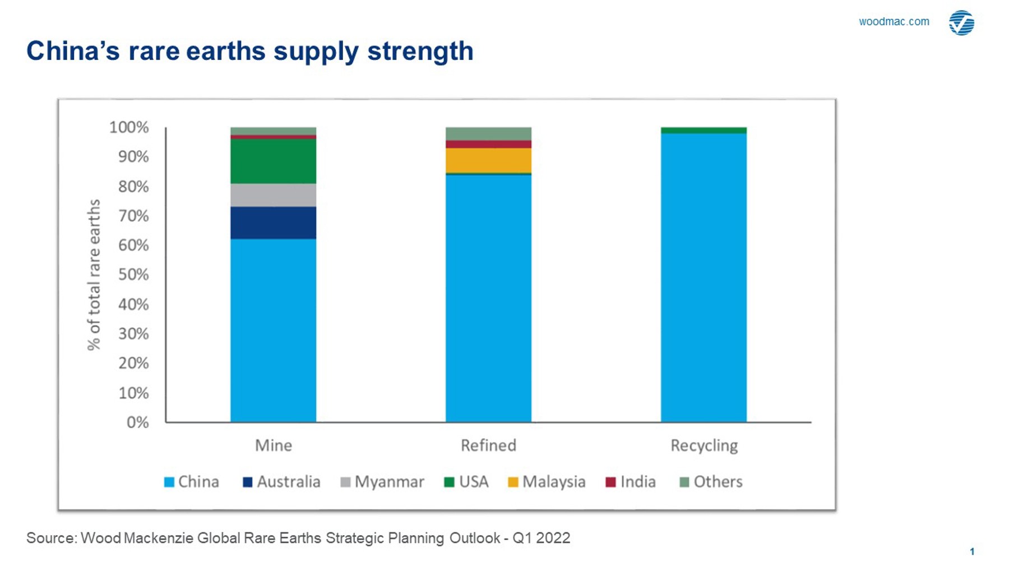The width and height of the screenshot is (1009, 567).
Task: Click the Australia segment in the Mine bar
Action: coord(273,222)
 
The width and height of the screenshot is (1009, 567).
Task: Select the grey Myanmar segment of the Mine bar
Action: coord(273,195)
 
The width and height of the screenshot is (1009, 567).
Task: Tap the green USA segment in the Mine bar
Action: coord(273,161)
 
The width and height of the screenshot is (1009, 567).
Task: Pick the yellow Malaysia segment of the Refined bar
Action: coord(488,160)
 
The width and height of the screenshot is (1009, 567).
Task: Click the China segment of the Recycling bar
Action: coord(703,277)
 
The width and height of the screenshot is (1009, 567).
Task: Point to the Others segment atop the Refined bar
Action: coord(488,133)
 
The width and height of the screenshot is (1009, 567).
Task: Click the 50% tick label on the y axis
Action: coord(133,275)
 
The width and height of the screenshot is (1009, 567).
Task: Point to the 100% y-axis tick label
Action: coord(129,127)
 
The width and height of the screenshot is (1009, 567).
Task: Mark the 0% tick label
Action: coord(137,422)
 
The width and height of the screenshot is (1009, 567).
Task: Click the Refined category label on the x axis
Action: coord(488,445)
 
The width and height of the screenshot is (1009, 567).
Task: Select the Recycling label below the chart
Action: coord(704,445)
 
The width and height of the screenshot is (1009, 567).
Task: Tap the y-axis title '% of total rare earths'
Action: coord(94,275)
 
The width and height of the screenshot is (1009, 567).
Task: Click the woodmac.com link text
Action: coord(894,22)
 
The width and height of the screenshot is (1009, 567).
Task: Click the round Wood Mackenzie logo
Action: coord(961,23)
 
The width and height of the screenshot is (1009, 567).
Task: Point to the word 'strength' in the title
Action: coord(420,51)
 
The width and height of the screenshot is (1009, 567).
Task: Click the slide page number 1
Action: coord(972,551)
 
